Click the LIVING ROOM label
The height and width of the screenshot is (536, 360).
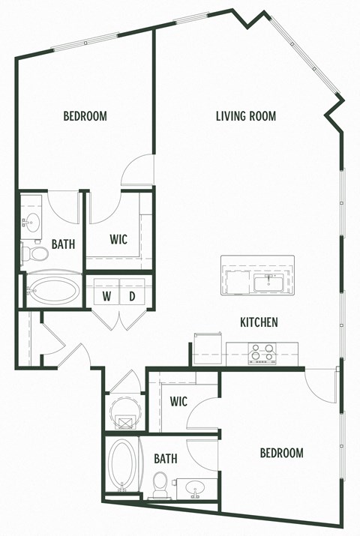click(246, 116)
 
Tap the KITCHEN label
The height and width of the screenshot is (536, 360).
click(259, 322)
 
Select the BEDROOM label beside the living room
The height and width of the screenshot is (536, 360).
click(85, 116)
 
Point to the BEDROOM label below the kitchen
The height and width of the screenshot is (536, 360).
click(281, 453)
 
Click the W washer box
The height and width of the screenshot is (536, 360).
click(107, 295)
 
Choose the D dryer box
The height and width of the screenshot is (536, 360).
click(133, 295)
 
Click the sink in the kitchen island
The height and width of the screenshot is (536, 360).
click(268, 283)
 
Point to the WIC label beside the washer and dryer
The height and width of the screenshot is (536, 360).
click(118, 239)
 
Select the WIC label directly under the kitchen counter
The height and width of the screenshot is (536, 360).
click(178, 401)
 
